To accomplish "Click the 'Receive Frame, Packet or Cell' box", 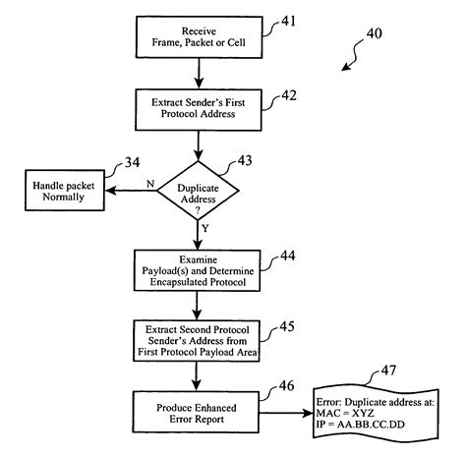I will tap(200, 36).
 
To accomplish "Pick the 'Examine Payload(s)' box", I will tap(200, 268).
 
